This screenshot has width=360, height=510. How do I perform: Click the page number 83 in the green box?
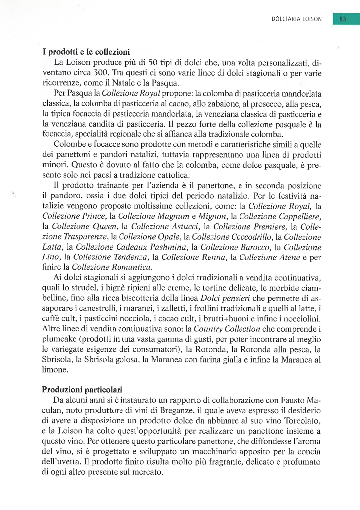[x=342, y=19]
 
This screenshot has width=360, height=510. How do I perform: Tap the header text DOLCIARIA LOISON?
[x=297, y=19]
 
